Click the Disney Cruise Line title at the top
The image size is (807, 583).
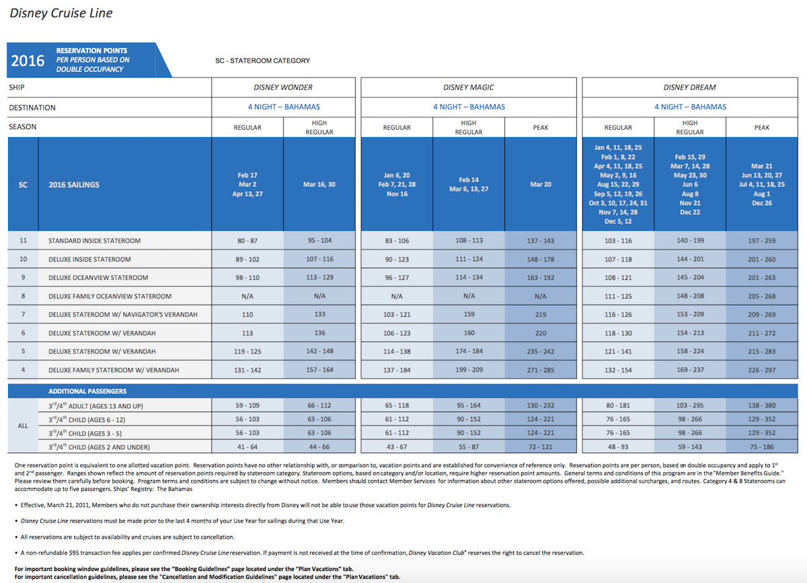tap(61, 13)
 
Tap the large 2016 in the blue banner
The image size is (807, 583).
tap(28, 61)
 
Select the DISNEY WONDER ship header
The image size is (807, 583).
tap(283, 87)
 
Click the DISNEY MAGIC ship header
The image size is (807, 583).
tap(468, 87)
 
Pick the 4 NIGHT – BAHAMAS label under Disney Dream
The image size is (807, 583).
tap(690, 107)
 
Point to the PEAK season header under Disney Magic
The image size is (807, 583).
tap(541, 128)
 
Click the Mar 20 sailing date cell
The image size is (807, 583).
tap(541, 184)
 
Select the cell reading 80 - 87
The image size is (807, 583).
tap(247, 241)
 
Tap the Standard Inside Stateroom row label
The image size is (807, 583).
tap(94, 241)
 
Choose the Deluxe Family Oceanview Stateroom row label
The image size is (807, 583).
tap(110, 296)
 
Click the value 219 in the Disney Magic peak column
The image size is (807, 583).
tap(541, 315)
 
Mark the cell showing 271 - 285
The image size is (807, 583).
tap(541, 370)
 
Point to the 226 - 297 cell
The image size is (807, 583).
tap(761, 370)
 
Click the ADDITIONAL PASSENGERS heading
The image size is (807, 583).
tap(87, 391)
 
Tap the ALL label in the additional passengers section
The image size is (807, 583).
tap(23, 426)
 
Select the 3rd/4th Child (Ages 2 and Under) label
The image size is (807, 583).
tap(99, 446)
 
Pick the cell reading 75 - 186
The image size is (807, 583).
tap(761, 446)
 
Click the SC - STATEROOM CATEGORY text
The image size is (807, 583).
tap(263, 61)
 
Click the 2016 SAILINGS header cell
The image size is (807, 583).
tap(74, 185)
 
